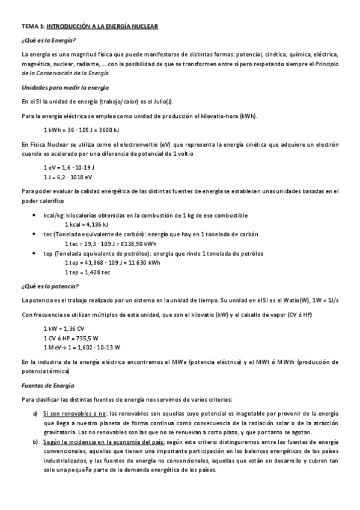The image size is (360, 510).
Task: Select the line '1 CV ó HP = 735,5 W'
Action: tap(71, 338)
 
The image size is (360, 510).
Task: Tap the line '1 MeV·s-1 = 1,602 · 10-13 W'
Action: tap(82, 348)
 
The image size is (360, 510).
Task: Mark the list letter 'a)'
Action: tap(35, 414)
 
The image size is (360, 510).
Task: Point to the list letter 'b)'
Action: tap(35, 442)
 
